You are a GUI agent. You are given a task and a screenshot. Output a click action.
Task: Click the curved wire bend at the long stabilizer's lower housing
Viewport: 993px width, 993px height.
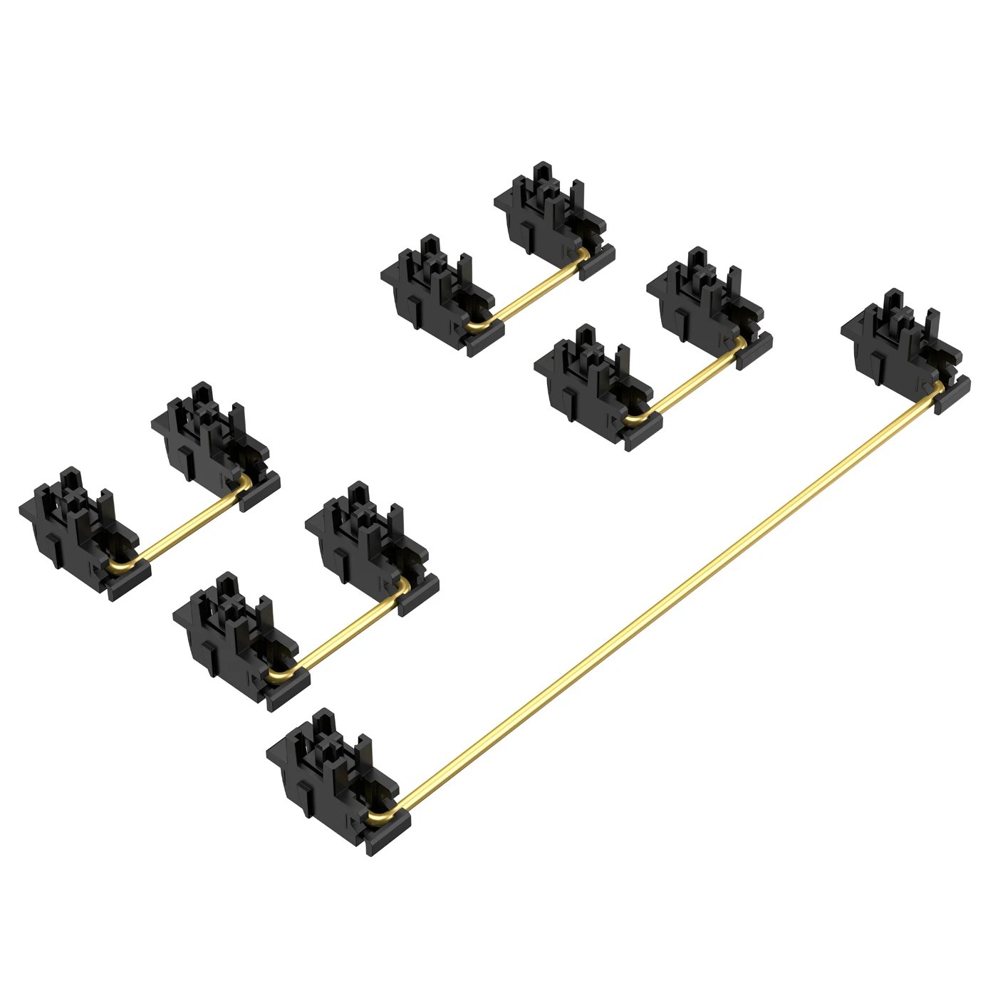(378, 816)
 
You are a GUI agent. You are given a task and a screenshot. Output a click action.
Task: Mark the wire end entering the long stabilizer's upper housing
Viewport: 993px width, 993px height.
(938, 388)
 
